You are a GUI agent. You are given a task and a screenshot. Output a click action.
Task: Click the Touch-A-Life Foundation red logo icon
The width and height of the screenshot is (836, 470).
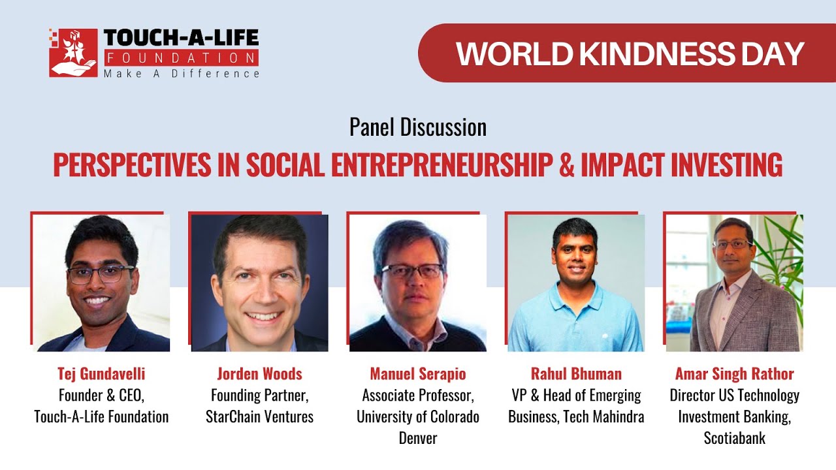[x=73, y=53]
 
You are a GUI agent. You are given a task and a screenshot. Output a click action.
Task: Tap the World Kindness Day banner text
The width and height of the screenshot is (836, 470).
[x=630, y=54]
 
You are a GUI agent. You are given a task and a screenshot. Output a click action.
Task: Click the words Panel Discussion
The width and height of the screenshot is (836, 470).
[x=418, y=127]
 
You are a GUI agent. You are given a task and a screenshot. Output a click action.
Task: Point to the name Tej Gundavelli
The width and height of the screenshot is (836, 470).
[x=101, y=374]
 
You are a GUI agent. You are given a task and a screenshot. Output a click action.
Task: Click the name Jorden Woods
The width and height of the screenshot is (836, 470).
[x=259, y=374]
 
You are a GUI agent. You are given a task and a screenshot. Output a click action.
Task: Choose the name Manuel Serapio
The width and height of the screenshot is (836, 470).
[x=418, y=374]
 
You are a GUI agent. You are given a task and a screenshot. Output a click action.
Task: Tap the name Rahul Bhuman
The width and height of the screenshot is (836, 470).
[x=576, y=374]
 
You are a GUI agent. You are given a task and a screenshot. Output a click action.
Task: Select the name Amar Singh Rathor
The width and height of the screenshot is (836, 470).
[x=734, y=374]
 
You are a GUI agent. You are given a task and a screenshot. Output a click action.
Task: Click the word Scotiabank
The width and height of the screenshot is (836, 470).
[x=734, y=438]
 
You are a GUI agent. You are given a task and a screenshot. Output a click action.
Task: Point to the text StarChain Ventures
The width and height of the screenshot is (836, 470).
[x=259, y=416]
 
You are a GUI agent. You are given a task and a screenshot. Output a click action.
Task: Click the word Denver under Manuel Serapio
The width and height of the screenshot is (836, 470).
[x=418, y=438]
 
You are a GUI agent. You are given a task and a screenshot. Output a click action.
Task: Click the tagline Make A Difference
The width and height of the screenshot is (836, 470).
[x=182, y=73]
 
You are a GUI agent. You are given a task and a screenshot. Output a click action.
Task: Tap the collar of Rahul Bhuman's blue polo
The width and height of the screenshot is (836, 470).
[x=575, y=292]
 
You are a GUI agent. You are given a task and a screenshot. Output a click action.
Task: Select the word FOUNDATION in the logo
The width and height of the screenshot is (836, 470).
[x=181, y=57]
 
